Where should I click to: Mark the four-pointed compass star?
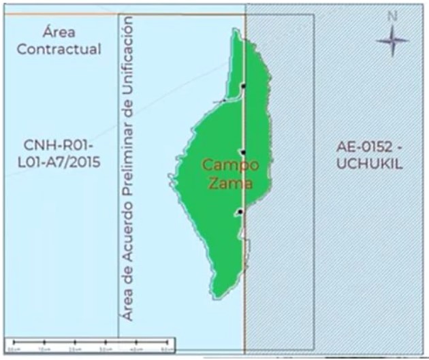(392, 42)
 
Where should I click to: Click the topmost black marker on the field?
(244, 87)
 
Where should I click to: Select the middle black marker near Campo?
(243, 152)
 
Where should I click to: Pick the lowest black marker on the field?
(240, 212)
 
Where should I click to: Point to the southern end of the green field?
(217, 295)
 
